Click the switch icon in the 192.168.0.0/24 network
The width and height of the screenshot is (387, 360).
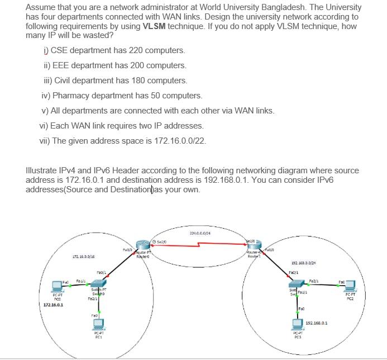[x=293, y=287]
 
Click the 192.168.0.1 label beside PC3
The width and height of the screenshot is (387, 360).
[x=317, y=323]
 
